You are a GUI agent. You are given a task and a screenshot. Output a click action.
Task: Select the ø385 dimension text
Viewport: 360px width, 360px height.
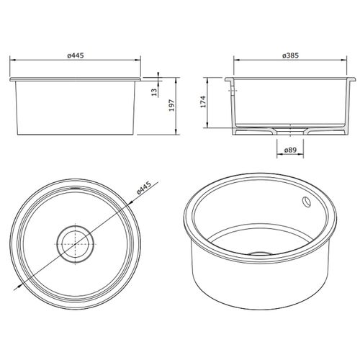coord(291,55)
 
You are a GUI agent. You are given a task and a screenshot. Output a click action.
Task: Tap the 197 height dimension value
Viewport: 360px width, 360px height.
coord(171,104)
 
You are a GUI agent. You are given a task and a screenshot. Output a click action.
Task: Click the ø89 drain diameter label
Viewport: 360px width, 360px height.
coord(290,150)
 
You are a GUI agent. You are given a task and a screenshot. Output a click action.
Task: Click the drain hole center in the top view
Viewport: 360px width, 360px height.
coord(73,243)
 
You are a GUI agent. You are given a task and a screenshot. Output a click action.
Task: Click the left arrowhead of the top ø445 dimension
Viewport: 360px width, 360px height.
coord(11,61)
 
